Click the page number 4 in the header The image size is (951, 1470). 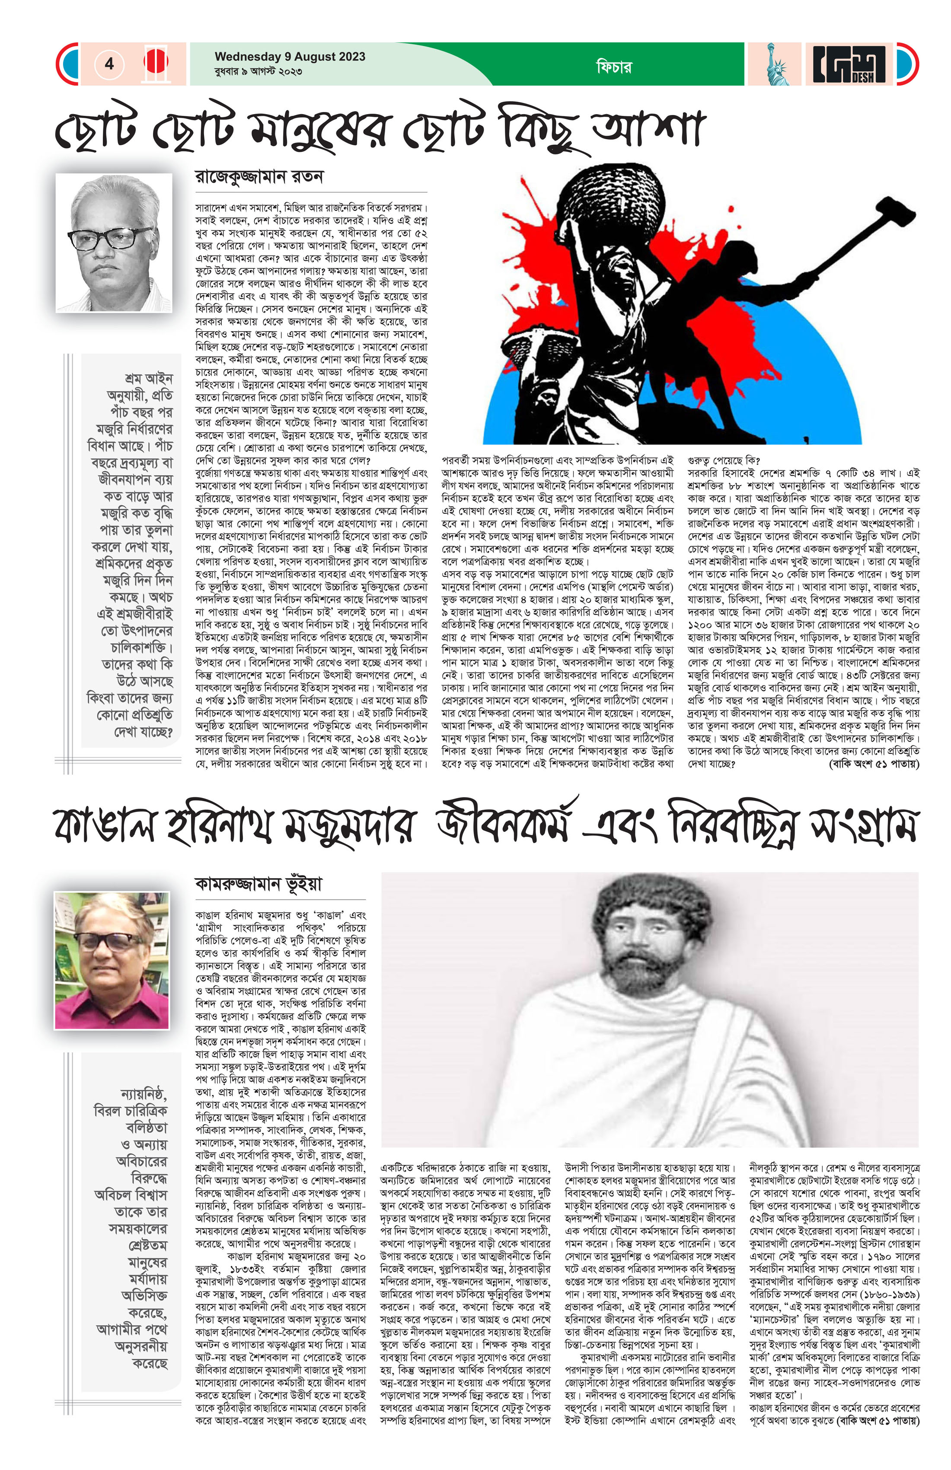[x=109, y=64]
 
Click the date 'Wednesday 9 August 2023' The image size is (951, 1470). [x=290, y=57]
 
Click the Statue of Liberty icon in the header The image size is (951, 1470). [x=774, y=64]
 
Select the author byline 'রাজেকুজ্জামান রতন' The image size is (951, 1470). [x=259, y=177]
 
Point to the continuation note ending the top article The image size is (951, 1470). [x=873, y=764]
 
